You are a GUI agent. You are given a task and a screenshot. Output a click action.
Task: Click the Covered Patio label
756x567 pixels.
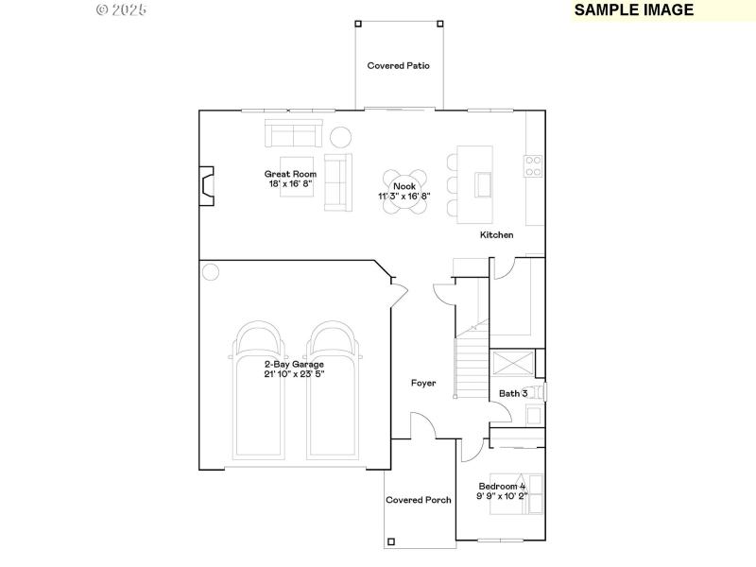[399, 66]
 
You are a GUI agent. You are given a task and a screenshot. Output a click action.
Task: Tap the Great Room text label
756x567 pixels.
[290, 174]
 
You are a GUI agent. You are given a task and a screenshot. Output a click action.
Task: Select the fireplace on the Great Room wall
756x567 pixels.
[204, 186]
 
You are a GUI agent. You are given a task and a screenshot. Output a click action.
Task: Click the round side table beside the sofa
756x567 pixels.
[339, 136]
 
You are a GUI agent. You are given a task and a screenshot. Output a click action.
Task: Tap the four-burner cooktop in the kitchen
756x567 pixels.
[534, 166]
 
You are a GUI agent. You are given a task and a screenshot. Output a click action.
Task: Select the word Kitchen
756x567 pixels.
[496, 234]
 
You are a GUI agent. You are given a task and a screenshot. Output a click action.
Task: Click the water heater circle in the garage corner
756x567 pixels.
[210, 272]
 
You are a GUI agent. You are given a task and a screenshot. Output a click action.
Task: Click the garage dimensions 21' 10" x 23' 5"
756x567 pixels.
[294, 374]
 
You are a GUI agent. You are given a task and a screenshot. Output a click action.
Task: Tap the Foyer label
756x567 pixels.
[423, 383]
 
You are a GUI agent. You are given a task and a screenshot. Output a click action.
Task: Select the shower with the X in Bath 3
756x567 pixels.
[511, 364]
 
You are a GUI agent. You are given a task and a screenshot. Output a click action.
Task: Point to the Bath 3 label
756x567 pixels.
[513, 393]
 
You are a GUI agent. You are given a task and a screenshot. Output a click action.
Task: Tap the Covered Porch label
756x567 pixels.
[419, 500]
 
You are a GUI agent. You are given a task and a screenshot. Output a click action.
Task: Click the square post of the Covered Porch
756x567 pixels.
[390, 542]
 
